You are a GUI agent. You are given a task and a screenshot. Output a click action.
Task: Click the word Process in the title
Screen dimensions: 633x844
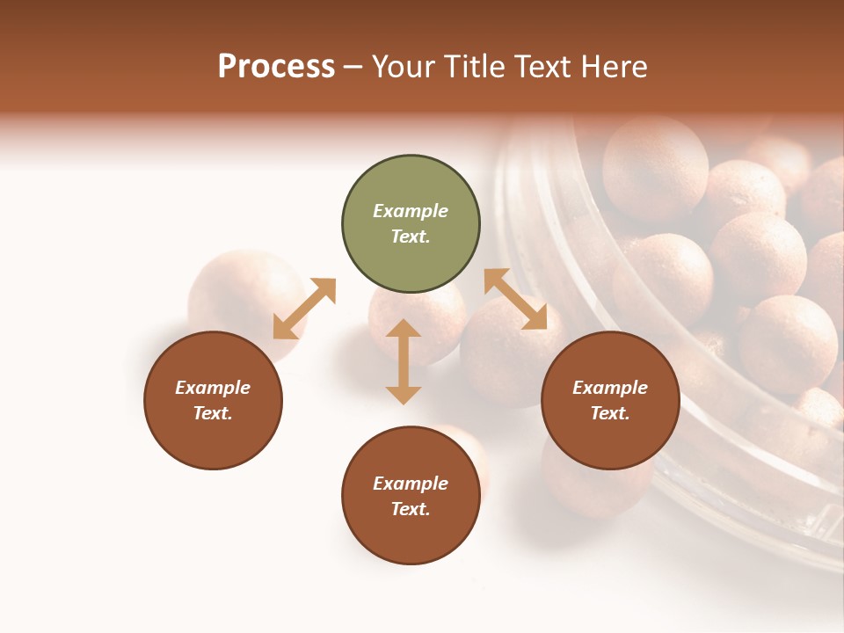point(276,67)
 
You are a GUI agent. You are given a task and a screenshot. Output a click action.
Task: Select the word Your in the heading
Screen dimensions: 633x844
point(404,67)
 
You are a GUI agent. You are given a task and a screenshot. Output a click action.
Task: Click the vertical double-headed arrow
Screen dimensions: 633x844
point(404,361)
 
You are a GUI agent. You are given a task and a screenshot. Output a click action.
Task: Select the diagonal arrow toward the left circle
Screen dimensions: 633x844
point(304,309)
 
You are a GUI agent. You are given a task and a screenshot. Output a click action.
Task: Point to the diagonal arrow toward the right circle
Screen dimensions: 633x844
point(515,299)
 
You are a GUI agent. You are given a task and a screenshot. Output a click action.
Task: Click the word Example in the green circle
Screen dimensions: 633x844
point(411,211)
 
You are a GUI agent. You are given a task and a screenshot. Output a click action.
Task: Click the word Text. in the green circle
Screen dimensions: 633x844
point(411,236)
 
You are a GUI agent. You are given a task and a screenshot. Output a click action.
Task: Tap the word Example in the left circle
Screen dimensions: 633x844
point(213,388)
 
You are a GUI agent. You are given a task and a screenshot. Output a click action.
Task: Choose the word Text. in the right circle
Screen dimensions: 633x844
point(610,413)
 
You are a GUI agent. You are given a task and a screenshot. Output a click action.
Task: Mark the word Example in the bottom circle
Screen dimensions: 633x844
point(411,484)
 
